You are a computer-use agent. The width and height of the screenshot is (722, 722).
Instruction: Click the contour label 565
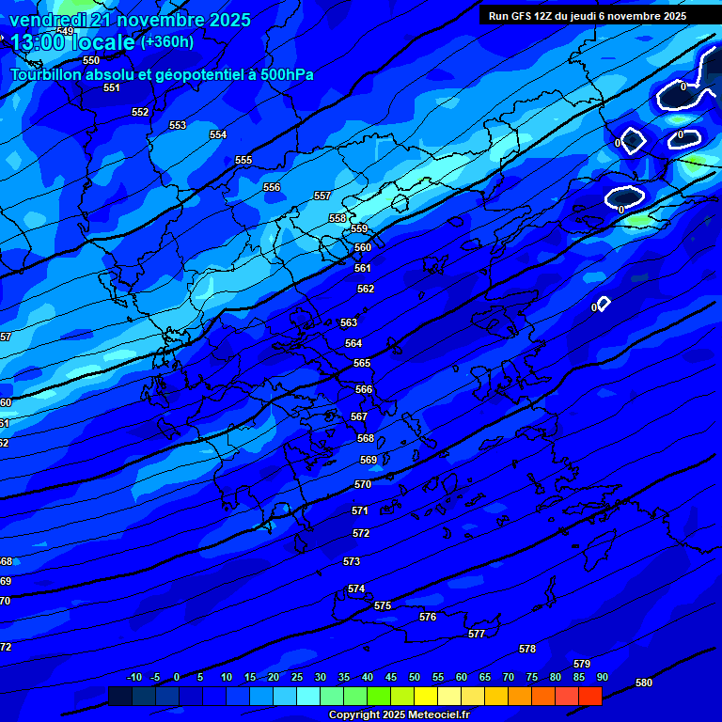coord(362,363)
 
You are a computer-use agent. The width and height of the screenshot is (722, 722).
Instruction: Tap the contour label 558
coord(337,218)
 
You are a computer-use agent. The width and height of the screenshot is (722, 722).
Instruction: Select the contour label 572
coord(361,533)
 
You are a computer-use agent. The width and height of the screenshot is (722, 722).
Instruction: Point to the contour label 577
coord(477,634)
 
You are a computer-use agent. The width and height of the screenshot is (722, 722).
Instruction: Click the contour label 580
coord(644,683)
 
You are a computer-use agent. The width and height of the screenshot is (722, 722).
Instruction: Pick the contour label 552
coord(140,112)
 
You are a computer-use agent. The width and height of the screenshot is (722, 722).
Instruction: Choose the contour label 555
coord(243,161)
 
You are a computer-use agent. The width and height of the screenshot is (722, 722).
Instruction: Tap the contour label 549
coord(65,31)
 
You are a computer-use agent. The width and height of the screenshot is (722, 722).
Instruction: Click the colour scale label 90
coord(602,677)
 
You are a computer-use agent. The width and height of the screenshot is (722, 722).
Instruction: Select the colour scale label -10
coord(133,677)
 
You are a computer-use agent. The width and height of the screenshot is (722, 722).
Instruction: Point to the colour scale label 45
coord(390,677)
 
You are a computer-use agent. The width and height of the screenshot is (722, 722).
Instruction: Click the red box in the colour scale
coord(590,696)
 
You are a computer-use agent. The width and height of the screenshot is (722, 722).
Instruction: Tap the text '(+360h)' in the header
coord(167,41)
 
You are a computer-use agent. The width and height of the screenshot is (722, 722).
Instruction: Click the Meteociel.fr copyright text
coord(399,714)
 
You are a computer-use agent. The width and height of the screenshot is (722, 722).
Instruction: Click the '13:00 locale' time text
coord(73,42)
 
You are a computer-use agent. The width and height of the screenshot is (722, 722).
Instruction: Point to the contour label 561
coord(363,268)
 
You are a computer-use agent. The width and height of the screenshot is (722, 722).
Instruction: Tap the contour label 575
coord(383,606)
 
